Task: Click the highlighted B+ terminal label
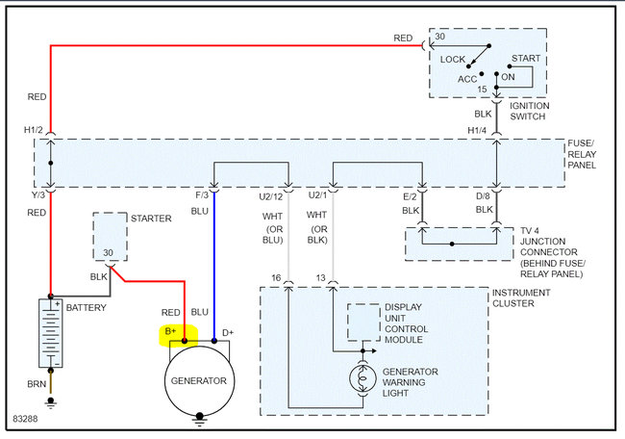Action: point(171,334)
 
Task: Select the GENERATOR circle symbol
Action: point(200,380)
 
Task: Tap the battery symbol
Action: point(49,332)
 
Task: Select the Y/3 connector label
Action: point(35,195)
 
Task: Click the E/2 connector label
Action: point(409,195)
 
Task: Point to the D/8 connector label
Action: point(483,195)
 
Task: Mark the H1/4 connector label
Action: point(478,131)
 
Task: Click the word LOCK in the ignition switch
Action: point(453,59)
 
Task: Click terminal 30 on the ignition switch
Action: point(439,38)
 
